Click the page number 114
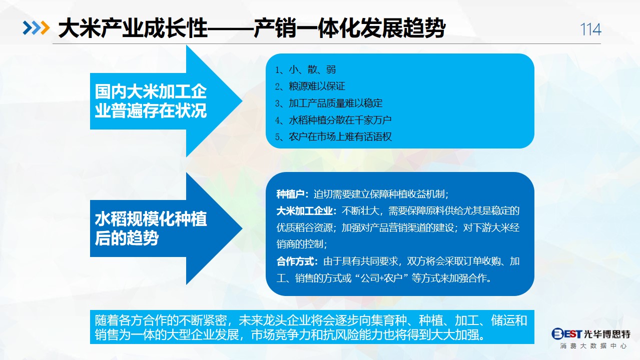590,29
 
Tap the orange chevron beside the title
46,28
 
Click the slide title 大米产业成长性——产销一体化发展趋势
251,28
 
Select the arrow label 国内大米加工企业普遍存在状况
151,101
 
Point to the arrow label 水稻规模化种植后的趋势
151,228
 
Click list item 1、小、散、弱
305,69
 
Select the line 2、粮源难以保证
310,86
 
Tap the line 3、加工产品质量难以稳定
329,103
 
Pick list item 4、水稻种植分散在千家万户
333,120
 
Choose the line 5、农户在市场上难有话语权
333,136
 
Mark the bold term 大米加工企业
304,211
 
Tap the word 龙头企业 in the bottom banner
287,320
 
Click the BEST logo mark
566,333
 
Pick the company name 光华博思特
607,333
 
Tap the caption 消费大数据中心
593,346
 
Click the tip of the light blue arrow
242,101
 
